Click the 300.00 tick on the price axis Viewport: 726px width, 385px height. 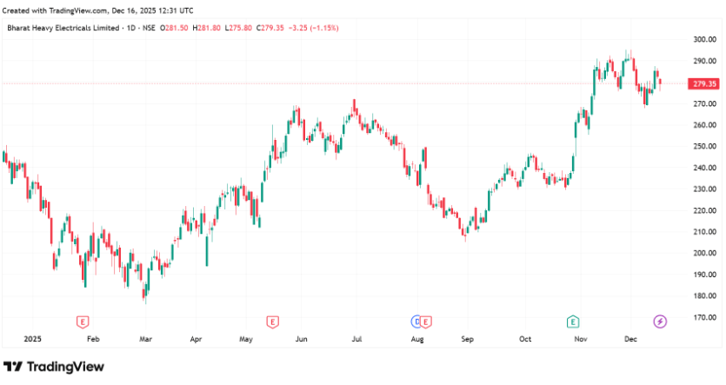pyautogui.click(x=704, y=40)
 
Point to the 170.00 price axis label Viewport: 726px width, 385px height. pyautogui.click(x=704, y=317)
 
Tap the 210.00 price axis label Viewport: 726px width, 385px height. pyautogui.click(x=704, y=232)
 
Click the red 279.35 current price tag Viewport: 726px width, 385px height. pyautogui.click(x=702, y=83)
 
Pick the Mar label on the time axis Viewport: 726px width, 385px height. pyautogui.click(x=145, y=339)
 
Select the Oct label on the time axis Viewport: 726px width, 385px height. pyautogui.click(x=524, y=339)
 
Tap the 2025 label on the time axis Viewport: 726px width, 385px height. pyautogui.click(x=32, y=339)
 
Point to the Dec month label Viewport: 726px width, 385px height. pyautogui.click(x=630, y=339)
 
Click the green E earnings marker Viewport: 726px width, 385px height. pyautogui.click(x=573, y=322)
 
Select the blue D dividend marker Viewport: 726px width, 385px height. pyautogui.click(x=416, y=322)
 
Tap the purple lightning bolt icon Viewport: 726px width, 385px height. pyautogui.click(x=660, y=322)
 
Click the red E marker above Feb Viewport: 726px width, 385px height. pyautogui.click(x=83, y=322)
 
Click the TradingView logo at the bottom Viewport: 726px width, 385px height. pyautogui.click(x=54, y=367)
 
